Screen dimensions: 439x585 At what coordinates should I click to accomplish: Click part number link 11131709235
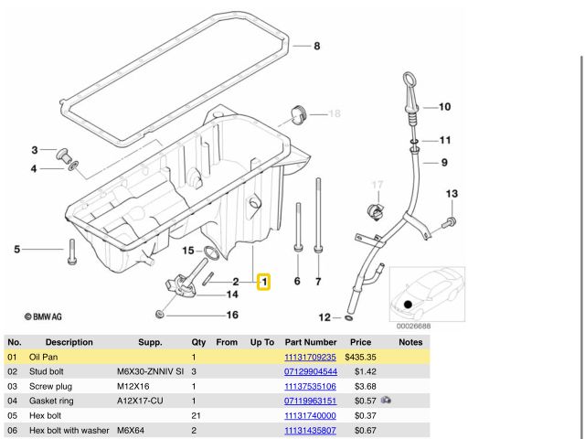click(310, 357)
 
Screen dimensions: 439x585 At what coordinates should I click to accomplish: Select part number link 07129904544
click(310, 371)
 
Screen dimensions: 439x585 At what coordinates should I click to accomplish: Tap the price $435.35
click(361, 357)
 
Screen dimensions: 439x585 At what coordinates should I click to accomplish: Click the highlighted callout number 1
click(263, 283)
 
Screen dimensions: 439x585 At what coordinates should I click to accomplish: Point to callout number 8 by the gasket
click(317, 47)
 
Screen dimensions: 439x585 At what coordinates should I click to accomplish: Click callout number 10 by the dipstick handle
click(444, 107)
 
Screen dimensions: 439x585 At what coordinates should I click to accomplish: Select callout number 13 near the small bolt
click(451, 194)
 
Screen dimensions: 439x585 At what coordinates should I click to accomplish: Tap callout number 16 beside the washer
click(232, 316)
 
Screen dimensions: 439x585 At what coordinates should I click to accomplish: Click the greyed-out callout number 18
click(334, 113)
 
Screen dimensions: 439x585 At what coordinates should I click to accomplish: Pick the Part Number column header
click(311, 342)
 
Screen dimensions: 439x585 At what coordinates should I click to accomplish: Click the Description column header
click(62, 342)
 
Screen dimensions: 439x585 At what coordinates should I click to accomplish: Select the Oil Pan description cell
click(45, 357)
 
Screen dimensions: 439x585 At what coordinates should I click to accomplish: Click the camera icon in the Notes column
click(387, 401)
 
